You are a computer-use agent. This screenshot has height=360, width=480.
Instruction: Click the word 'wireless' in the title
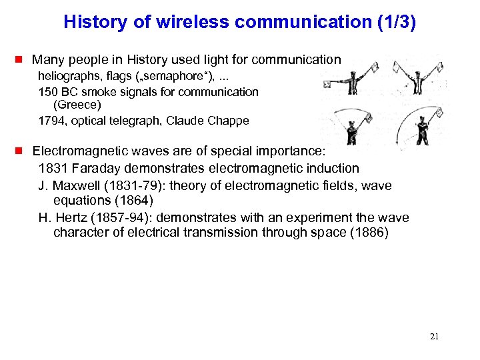tap(186, 22)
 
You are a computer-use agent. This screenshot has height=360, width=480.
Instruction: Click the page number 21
tap(434, 337)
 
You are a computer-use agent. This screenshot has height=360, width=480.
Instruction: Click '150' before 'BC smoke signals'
tap(48, 91)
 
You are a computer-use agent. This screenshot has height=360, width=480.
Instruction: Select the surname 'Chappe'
tap(229, 121)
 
